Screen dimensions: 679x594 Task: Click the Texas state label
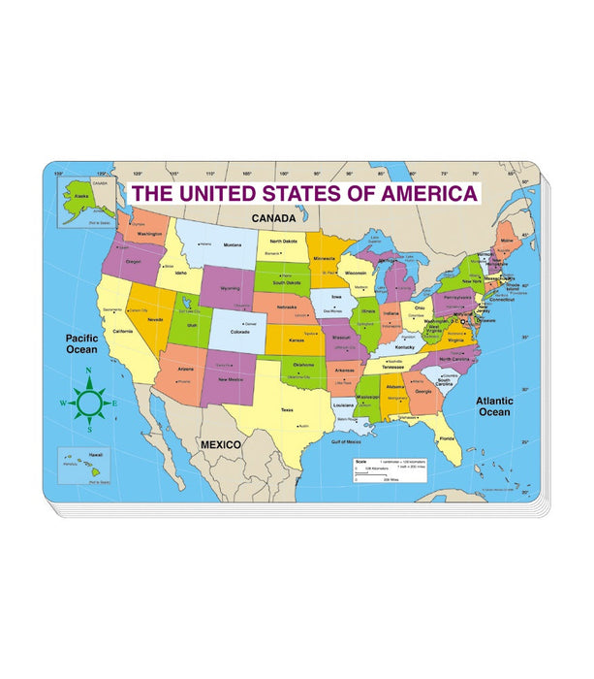pos(287,410)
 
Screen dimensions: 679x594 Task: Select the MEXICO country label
pos(220,443)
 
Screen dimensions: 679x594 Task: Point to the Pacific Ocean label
pos(82,344)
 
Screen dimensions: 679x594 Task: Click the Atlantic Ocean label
pos(493,405)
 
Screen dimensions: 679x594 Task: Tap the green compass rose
pos(89,402)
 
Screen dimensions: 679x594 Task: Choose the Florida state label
pos(446,438)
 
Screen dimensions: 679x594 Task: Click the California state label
pos(122,331)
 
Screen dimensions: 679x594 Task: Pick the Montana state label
pos(233,245)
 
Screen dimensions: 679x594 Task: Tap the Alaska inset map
pos(88,200)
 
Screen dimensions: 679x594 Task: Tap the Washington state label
pos(148,235)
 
